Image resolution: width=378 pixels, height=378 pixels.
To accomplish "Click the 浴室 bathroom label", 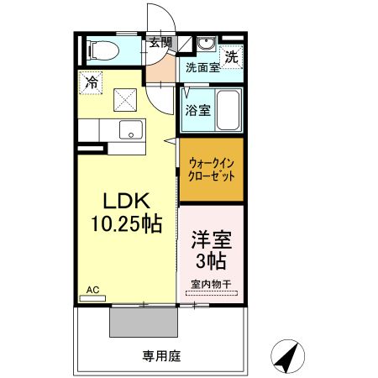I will pos(198,109).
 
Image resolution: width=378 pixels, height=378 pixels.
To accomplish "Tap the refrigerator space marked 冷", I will pos(90,82).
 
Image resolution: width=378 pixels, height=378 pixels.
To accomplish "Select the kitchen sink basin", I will pos(130,129).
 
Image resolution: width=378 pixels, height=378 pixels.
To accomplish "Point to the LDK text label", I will pos(126,202).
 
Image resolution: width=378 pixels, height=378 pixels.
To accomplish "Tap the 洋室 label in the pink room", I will pos(211,238).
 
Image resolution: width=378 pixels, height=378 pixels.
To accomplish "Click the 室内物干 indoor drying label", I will pos(211,284).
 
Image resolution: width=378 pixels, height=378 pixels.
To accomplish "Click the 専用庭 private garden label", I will pos(161,355).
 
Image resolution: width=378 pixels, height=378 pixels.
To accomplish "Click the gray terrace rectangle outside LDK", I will pos(143,321).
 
